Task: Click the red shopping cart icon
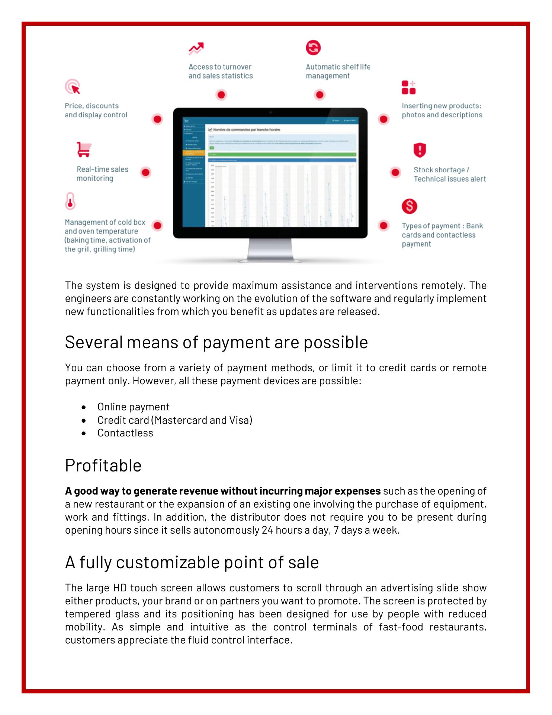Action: tap(84, 149)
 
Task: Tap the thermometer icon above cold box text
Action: tap(70, 201)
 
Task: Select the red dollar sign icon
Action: tap(409, 206)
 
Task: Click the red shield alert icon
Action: tap(420, 150)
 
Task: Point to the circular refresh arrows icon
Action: tap(313, 48)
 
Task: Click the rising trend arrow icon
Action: tap(196, 48)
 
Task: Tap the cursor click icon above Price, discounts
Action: tap(73, 87)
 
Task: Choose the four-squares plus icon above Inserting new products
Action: tap(408, 88)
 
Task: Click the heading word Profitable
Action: tap(103, 465)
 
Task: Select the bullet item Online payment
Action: tap(133, 407)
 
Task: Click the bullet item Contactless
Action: tap(125, 433)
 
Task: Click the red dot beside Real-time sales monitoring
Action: tap(145, 172)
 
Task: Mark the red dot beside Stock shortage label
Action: tap(395, 172)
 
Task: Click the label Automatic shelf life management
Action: tap(338, 71)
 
